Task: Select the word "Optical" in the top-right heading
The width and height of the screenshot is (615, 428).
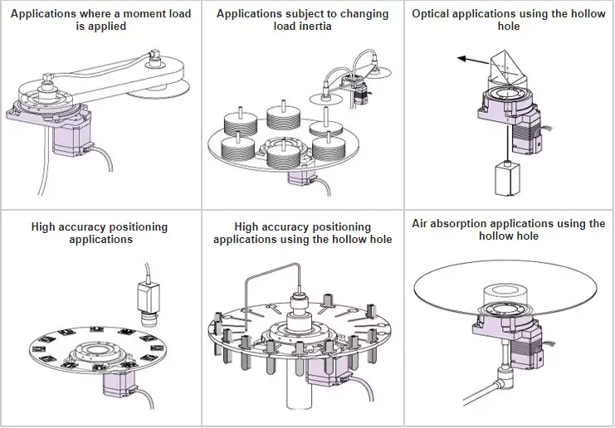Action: click(x=432, y=14)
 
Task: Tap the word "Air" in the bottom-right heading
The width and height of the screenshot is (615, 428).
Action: click(x=422, y=224)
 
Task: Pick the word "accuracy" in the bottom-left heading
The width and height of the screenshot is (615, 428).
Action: click(x=90, y=226)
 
